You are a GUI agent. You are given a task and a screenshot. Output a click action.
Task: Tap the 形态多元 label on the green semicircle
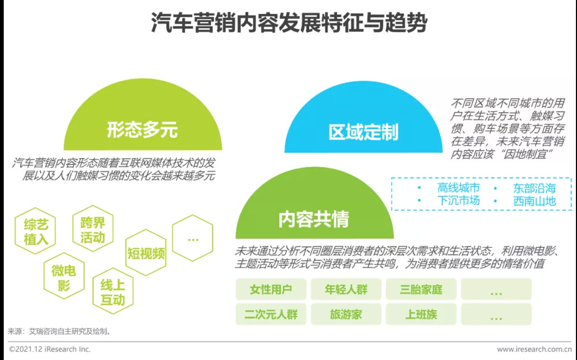pos(142,129)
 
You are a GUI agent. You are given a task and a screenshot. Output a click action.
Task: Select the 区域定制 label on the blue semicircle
pos(363,132)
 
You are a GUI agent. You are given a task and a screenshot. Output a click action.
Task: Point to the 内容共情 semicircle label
pos(314,219)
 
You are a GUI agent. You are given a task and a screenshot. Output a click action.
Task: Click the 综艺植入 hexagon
pos(36,232)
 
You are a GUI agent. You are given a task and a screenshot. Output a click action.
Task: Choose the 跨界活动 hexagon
pos(92,230)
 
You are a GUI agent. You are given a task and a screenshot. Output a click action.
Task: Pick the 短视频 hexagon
pos(146,253)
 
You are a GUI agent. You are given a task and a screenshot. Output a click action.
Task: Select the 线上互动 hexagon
pos(113,292)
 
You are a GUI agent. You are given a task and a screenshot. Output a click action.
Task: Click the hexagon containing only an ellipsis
pos(193,239)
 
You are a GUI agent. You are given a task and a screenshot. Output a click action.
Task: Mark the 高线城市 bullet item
pos(458,188)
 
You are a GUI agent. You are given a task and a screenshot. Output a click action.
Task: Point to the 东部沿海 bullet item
pos(534,188)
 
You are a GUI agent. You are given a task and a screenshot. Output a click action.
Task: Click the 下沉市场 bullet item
pos(458,201)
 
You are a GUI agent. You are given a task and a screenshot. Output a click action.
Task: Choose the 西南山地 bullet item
pos(534,201)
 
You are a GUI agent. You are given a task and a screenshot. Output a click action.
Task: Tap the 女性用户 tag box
pos(271,289)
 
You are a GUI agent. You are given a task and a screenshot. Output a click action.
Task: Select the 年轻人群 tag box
pos(346,289)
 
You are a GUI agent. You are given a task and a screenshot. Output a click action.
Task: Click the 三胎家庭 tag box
pos(421,289)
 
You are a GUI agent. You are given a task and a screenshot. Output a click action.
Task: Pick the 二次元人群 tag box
pos(271,314)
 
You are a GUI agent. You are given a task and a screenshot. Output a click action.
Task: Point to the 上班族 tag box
pos(421,314)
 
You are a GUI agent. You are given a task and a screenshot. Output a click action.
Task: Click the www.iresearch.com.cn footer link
pos(534,349)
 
